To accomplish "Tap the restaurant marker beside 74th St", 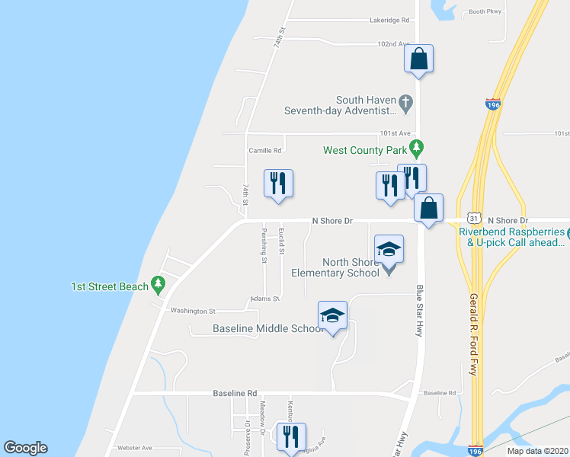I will click(278, 184).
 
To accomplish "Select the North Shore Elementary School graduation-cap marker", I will click(389, 250).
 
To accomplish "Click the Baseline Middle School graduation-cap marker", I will click(332, 315).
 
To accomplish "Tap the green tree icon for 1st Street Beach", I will click(158, 286).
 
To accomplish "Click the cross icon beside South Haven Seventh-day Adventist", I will click(407, 101).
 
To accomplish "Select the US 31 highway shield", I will click(473, 219).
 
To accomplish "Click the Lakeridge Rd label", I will click(390, 20).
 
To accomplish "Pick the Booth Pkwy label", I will click(486, 11).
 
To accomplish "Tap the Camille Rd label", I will click(265, 151).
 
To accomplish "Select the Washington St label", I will click(193, 311).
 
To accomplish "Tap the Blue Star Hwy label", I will click(419, 311).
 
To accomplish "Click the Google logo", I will click(25, 448).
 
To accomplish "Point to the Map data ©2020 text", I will click(536, 451).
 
